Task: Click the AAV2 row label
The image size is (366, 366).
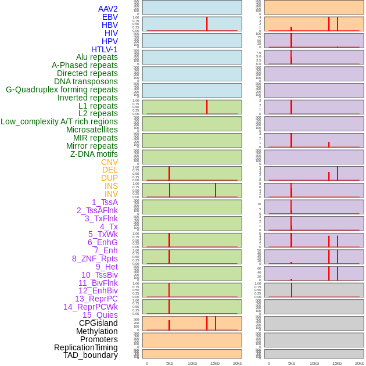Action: pyautogui.click(x=107, y=9)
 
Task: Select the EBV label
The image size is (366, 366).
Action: pyautogui.click(x=110, y=17)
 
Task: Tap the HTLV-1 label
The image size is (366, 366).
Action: pyautogui.click(x=104, y=49)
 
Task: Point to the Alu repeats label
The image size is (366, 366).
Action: pyautogui.click(x=96, y=57)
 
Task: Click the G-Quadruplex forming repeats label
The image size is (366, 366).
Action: pyautogui.click(x=62, y=89)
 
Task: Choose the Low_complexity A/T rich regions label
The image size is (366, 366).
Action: pyautogui.click(x=59, y=121)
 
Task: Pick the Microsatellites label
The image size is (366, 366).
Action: pyautogui.click(x=92, y=130)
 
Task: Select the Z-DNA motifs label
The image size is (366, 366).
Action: pyautogui.click(x=94, y=154)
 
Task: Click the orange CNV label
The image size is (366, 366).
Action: pyautogui.click(x=109, y=162)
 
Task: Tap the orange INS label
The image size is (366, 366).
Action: pyautogui.click(x=111, y=186)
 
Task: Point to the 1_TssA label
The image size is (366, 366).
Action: pyautogui.click(x=105, y=202)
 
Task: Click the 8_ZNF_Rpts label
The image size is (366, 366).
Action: pyautogui.click(x=95, y=259)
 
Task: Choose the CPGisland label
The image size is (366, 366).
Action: pyautogui.click(x=98, y=323)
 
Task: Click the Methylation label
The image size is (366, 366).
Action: pyautogui.click(x=96, y=331)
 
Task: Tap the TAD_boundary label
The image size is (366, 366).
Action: pyautogui.click(x=90, y=355)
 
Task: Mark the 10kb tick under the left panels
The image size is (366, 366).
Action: pyautogui.click(x=192, y=363)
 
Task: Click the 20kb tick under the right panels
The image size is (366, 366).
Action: pyautogui.click(x=359, y=363)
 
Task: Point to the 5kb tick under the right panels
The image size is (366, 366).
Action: pyautogui.click(x=292, y=363)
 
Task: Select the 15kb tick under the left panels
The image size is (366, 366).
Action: pyautogui.click(x=215, y=363)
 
